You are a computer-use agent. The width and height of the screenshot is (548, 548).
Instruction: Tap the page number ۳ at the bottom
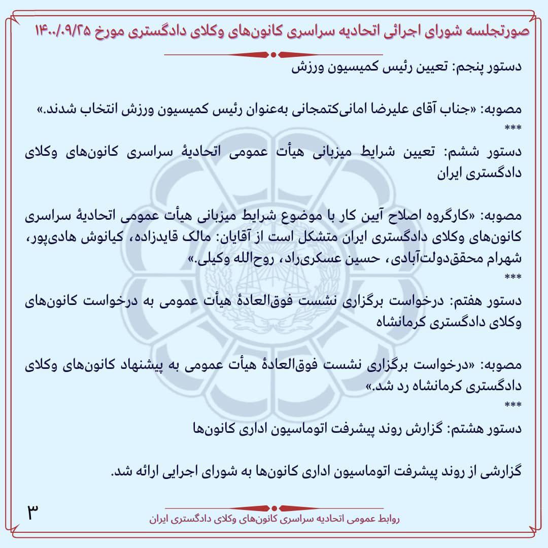[33, 512]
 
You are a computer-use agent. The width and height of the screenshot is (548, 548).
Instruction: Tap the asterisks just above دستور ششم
[513, 128]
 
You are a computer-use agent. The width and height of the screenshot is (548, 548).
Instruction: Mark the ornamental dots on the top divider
[274, 54]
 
